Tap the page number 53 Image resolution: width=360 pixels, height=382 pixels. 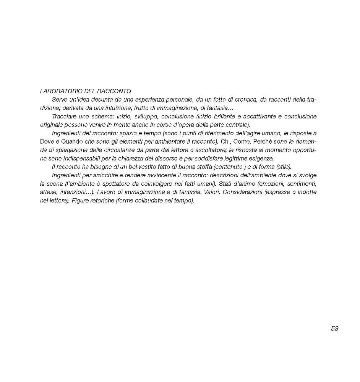(x=335, y=329)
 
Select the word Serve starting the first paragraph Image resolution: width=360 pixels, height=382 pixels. (x=59, y=100)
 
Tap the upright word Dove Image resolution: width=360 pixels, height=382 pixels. (x=47, y=142)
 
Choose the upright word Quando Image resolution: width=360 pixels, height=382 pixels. (x=73, y=142)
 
